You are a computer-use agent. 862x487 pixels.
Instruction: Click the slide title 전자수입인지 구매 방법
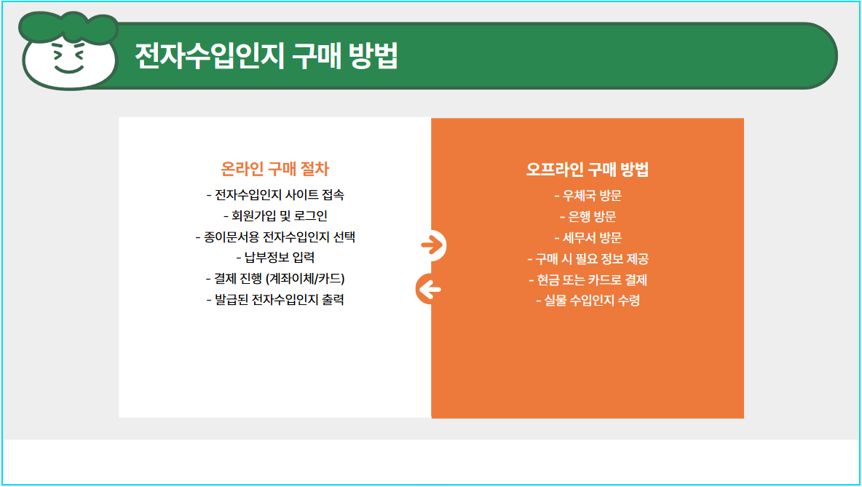pos(266,56)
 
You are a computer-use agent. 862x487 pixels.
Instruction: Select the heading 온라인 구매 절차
pos(275,170)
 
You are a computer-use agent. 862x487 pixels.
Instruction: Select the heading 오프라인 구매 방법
pos(588,170)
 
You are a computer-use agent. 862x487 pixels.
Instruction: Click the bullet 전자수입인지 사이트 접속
pos(275,195)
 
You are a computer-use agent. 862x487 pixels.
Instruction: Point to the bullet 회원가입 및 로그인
pos(275,216)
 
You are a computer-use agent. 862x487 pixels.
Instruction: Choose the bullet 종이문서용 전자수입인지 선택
pos(275,237)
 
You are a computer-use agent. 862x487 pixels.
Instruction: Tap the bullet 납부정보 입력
pos(275,258)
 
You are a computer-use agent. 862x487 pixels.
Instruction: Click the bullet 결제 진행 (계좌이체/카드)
pos(275,279)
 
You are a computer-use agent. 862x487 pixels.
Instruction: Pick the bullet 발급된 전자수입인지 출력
pos(275,300)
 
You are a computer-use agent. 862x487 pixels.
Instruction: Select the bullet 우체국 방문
pos(588,195)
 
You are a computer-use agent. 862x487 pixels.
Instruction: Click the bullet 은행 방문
pos(588,216)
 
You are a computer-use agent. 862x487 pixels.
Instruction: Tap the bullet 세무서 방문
pos(588,237)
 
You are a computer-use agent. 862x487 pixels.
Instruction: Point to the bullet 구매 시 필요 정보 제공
pos(588,258)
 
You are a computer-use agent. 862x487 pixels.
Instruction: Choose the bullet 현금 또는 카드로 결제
pos(588,280)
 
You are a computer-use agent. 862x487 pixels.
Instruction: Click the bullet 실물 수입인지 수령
pos(588,301)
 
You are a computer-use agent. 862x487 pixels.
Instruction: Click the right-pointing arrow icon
pos(432,246)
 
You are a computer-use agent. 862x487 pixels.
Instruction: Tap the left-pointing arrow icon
pos(430,290)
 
